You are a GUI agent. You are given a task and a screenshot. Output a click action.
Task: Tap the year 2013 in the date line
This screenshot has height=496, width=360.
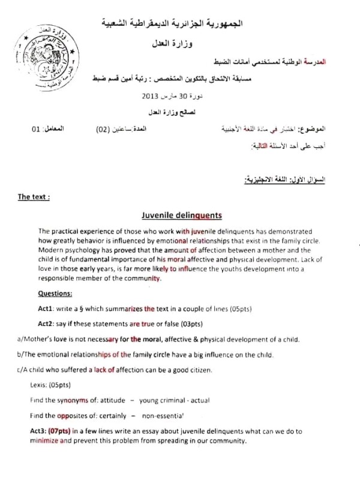coord(149,96)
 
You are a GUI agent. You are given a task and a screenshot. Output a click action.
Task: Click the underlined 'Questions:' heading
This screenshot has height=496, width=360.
coord(55,294)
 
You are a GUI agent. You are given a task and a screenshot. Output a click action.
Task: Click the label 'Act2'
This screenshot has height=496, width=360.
coord(46,324)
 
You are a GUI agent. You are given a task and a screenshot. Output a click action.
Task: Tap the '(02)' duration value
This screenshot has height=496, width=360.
coord(106,129)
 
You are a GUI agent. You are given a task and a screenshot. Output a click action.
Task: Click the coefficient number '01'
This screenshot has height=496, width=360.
coord(36,129)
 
